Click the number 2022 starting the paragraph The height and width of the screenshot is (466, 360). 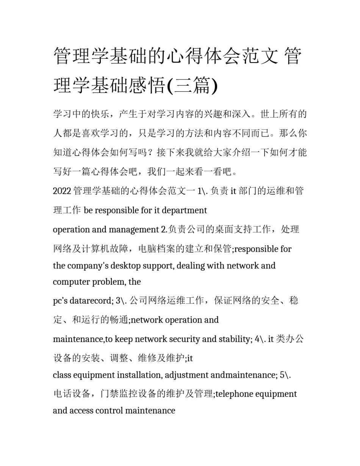pyautogui.click(x=62, y=191)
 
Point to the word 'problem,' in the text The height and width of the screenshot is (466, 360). pyautogui.click(x=112, y=282)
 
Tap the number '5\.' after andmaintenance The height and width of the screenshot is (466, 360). pyautogui.click(x=285, y=375)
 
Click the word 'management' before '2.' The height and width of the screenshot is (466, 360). pyautogui.click(x=134, y=230)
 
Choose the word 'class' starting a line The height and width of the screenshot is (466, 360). pyautogui.click(x=61, y=375)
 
